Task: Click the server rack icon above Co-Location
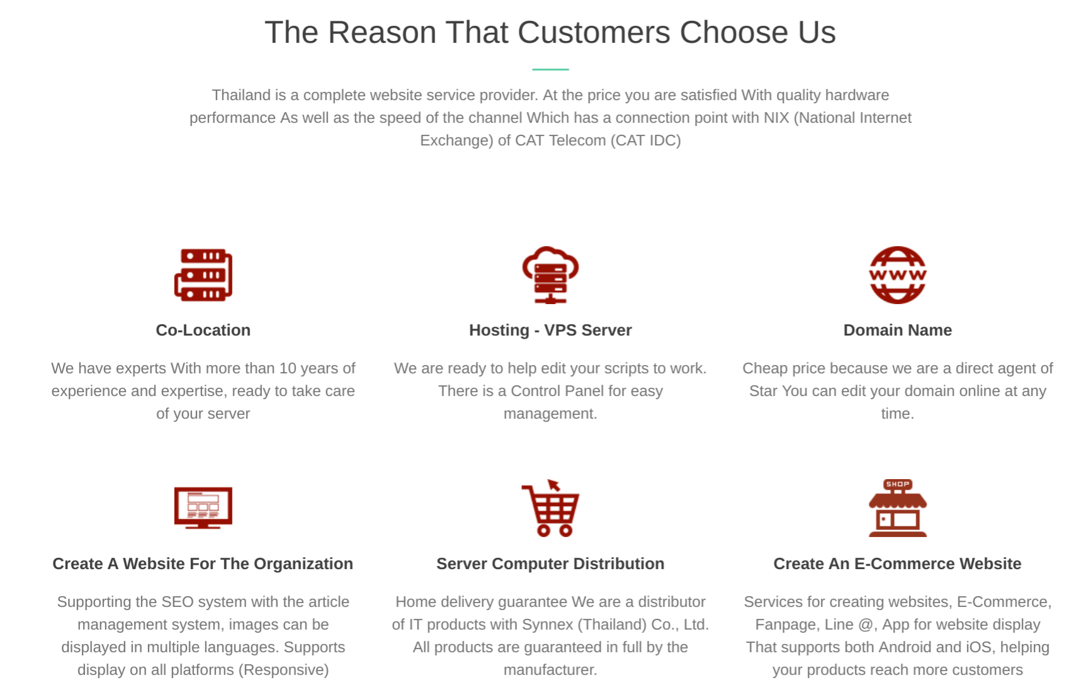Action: [x=203, y=274]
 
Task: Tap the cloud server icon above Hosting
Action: [x=550, y=275]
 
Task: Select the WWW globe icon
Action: [x=898, y=275]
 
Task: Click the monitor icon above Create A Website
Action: [x=203, y=508]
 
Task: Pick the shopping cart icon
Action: [x=550, y=508]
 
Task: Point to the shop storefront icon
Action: [x=898, y=508]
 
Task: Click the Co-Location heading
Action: [x=203, y=331]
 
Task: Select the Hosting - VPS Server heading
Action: [x=550, y=331]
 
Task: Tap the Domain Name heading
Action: [x=898, y=331]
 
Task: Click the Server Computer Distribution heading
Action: [x=550, y=563]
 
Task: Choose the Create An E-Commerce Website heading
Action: [x=898, y=563]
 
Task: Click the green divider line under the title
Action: [x=550, y=69]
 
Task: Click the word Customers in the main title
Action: [x=594, y=33]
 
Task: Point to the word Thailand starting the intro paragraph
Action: [x=241, y=95]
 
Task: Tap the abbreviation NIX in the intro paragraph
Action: [x=776, y=118]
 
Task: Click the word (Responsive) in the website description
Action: [x=284, y=670]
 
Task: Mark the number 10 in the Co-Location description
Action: [x=288, y=368]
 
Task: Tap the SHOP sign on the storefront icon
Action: [x=898, y=484]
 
